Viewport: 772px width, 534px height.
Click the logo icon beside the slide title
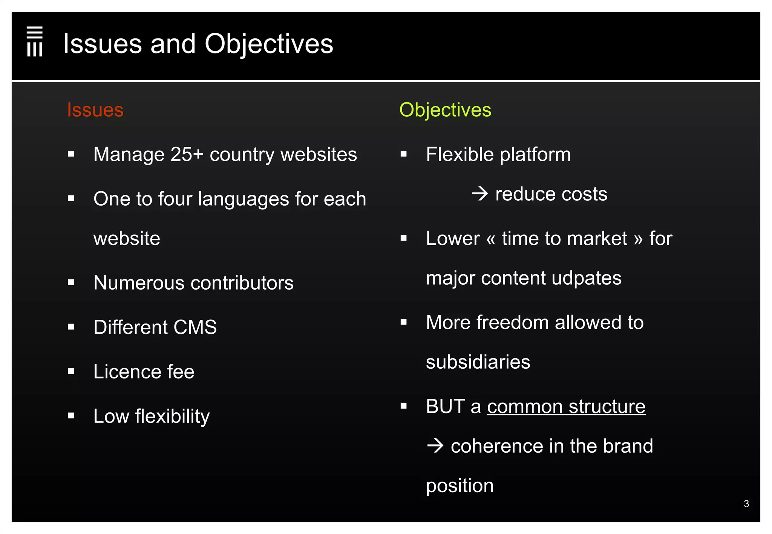pyautogui.click(x=35, y=41)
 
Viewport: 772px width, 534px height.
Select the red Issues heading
pyautogui.click(x=95, y=110)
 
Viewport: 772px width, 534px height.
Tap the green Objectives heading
pyautogui.click(x=445, y=110)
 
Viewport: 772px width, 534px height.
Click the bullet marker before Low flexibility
pyautogui.click(x=71, y=416)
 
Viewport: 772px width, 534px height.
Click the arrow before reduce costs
pyautogui.click(x=480, y=194)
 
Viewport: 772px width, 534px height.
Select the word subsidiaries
pyautogui.click(x=478, y=362)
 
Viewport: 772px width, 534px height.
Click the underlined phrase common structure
pyautogui.click(x=566, y=407)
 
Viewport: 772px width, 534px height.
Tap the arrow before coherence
pyautogui.click(x=435, y=446)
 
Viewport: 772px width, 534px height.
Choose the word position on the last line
pyautogui.click(x=460, y=486)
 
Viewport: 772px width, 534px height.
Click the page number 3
pyautogui.click(x=746, y=504)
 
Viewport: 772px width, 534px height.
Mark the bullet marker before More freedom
pyautogui.click(x=404, y=322)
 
